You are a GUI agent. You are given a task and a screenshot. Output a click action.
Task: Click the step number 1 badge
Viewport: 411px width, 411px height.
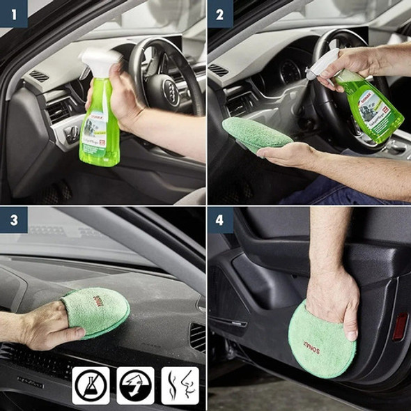point(11,12)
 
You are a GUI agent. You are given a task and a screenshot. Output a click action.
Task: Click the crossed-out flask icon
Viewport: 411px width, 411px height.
point(91,385)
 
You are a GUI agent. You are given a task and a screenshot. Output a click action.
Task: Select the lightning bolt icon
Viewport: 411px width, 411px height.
point(135,385)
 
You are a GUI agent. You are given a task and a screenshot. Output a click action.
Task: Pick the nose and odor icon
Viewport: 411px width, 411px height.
point(180,385)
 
